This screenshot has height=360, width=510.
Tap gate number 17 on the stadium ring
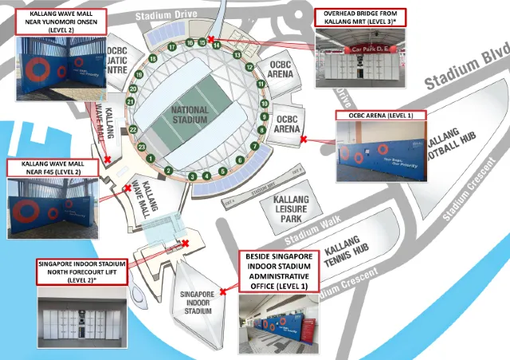pyautogui.click(x=171, y=47)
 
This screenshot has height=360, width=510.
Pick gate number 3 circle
pyautogui.click(x=192, y=176)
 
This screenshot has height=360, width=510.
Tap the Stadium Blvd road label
pyautogui.click(x=465, y=69)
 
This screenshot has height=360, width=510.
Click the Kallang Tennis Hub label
pyautogui.click(x=348, y=252)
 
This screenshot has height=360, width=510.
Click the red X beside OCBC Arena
pyautogui.click(x=303, y=139)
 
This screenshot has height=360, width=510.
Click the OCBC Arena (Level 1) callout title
pyautogui.click(x=381, y=115)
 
